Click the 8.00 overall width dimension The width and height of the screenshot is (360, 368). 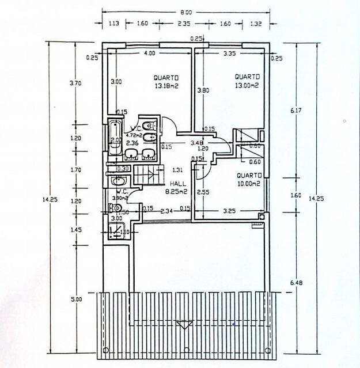coord(185,12)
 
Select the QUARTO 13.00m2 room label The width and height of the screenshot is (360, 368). coord(247,80)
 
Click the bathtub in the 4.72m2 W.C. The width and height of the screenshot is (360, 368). coord(115,138)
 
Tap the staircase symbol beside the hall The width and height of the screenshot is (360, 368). coord(145,174)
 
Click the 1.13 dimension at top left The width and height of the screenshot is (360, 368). coord(113,24)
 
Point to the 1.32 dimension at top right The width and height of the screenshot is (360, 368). coord(256,24)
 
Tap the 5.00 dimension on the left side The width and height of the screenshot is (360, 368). coord(77,299)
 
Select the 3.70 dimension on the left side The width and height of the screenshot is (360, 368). coord(75,83)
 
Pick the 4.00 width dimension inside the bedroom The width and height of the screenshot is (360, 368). coord(149,54)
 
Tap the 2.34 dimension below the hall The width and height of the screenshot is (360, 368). coord(167,211)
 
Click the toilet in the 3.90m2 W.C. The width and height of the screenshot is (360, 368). coord(117,208)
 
